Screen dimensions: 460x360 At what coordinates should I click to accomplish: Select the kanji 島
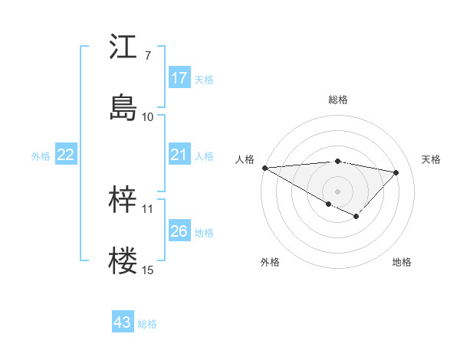point(123,107)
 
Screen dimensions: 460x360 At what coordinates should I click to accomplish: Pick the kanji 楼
point(123,260)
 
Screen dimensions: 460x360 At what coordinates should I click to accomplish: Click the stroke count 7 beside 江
point(148,55)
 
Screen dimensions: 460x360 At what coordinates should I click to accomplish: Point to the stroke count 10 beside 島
point(148,116)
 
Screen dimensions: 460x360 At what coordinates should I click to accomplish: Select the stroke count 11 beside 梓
point(148,208)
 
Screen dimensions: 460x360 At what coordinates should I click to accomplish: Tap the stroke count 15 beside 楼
point(148,270)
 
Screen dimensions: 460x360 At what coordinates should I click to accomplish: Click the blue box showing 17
point(179,78)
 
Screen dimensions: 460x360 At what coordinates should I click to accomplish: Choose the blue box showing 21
point(179,155)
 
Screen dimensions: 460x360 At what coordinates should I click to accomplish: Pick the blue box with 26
point(179,231)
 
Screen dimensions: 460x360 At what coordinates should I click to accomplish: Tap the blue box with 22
point(66,155)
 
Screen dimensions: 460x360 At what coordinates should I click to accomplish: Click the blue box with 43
point(123,322)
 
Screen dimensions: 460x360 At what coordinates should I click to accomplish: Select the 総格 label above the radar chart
point(338,100)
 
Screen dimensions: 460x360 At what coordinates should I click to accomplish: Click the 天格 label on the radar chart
point(431,159)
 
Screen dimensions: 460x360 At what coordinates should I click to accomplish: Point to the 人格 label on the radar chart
point(245,159)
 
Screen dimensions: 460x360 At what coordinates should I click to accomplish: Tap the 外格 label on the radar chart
point(270,262)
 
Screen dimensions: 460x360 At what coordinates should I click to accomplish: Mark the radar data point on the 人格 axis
point(264,168)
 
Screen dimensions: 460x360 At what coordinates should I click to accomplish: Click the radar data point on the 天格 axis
point(396,172)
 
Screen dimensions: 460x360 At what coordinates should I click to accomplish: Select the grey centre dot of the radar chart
point(338,191)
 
